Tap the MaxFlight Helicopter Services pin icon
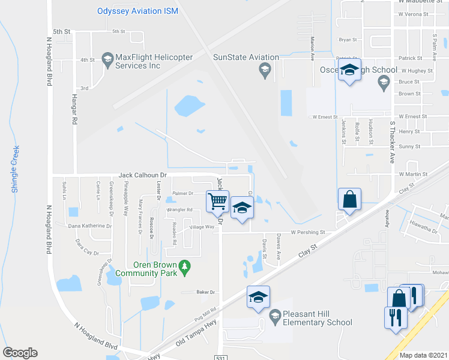(108, 58)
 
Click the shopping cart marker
(217, 200)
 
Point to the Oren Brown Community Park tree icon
(185, 265)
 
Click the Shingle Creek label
(16, 169)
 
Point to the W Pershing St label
(307, 232)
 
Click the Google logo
(20, 353)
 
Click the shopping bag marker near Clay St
(349, 199)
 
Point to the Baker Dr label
(205, 292)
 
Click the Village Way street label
(202, 227)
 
